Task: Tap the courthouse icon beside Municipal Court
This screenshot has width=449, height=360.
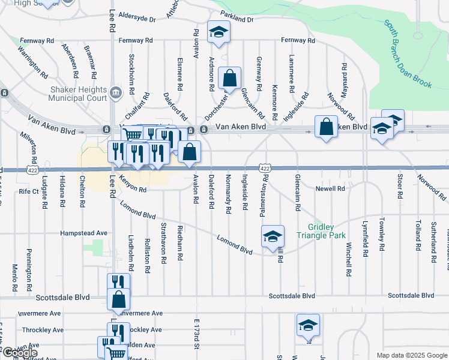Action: tap(115, 92)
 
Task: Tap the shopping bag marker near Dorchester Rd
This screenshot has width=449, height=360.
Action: tap(229, 78)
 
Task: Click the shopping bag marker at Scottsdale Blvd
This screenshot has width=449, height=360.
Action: tap(119, 299)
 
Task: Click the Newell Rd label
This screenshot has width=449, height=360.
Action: tap(331, 188)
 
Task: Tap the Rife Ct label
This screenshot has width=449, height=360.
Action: tap(28, 191)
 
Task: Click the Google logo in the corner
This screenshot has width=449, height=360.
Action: tap(19, 353)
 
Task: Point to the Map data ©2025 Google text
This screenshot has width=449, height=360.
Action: tap(411, 355)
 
